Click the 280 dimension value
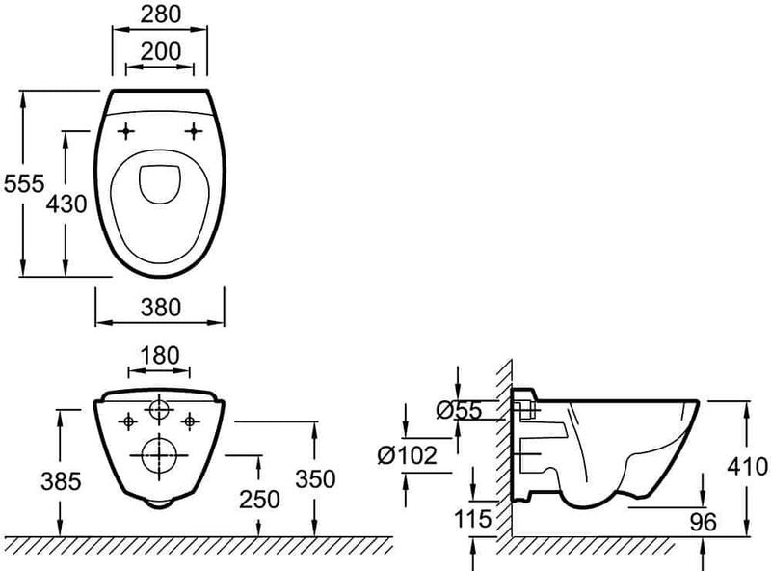[160, 14]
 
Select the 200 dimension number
[160, 51]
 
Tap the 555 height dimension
[23, 183]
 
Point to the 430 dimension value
[66, 204]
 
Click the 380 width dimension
[161, 307]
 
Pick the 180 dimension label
[160, 355]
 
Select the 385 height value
[61, 481]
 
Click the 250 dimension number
[259, 500]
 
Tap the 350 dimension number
[315, 478]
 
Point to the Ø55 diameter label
[460, 410]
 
